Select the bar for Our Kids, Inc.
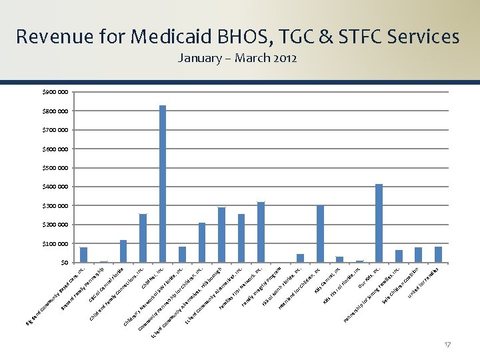click(379, 223)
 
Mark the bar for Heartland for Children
click(320, 233)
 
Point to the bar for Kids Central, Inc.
click(339, 259)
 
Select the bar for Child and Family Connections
click(143, 238)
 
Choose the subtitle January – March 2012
click(237, 58)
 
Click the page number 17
click(447, 344)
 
